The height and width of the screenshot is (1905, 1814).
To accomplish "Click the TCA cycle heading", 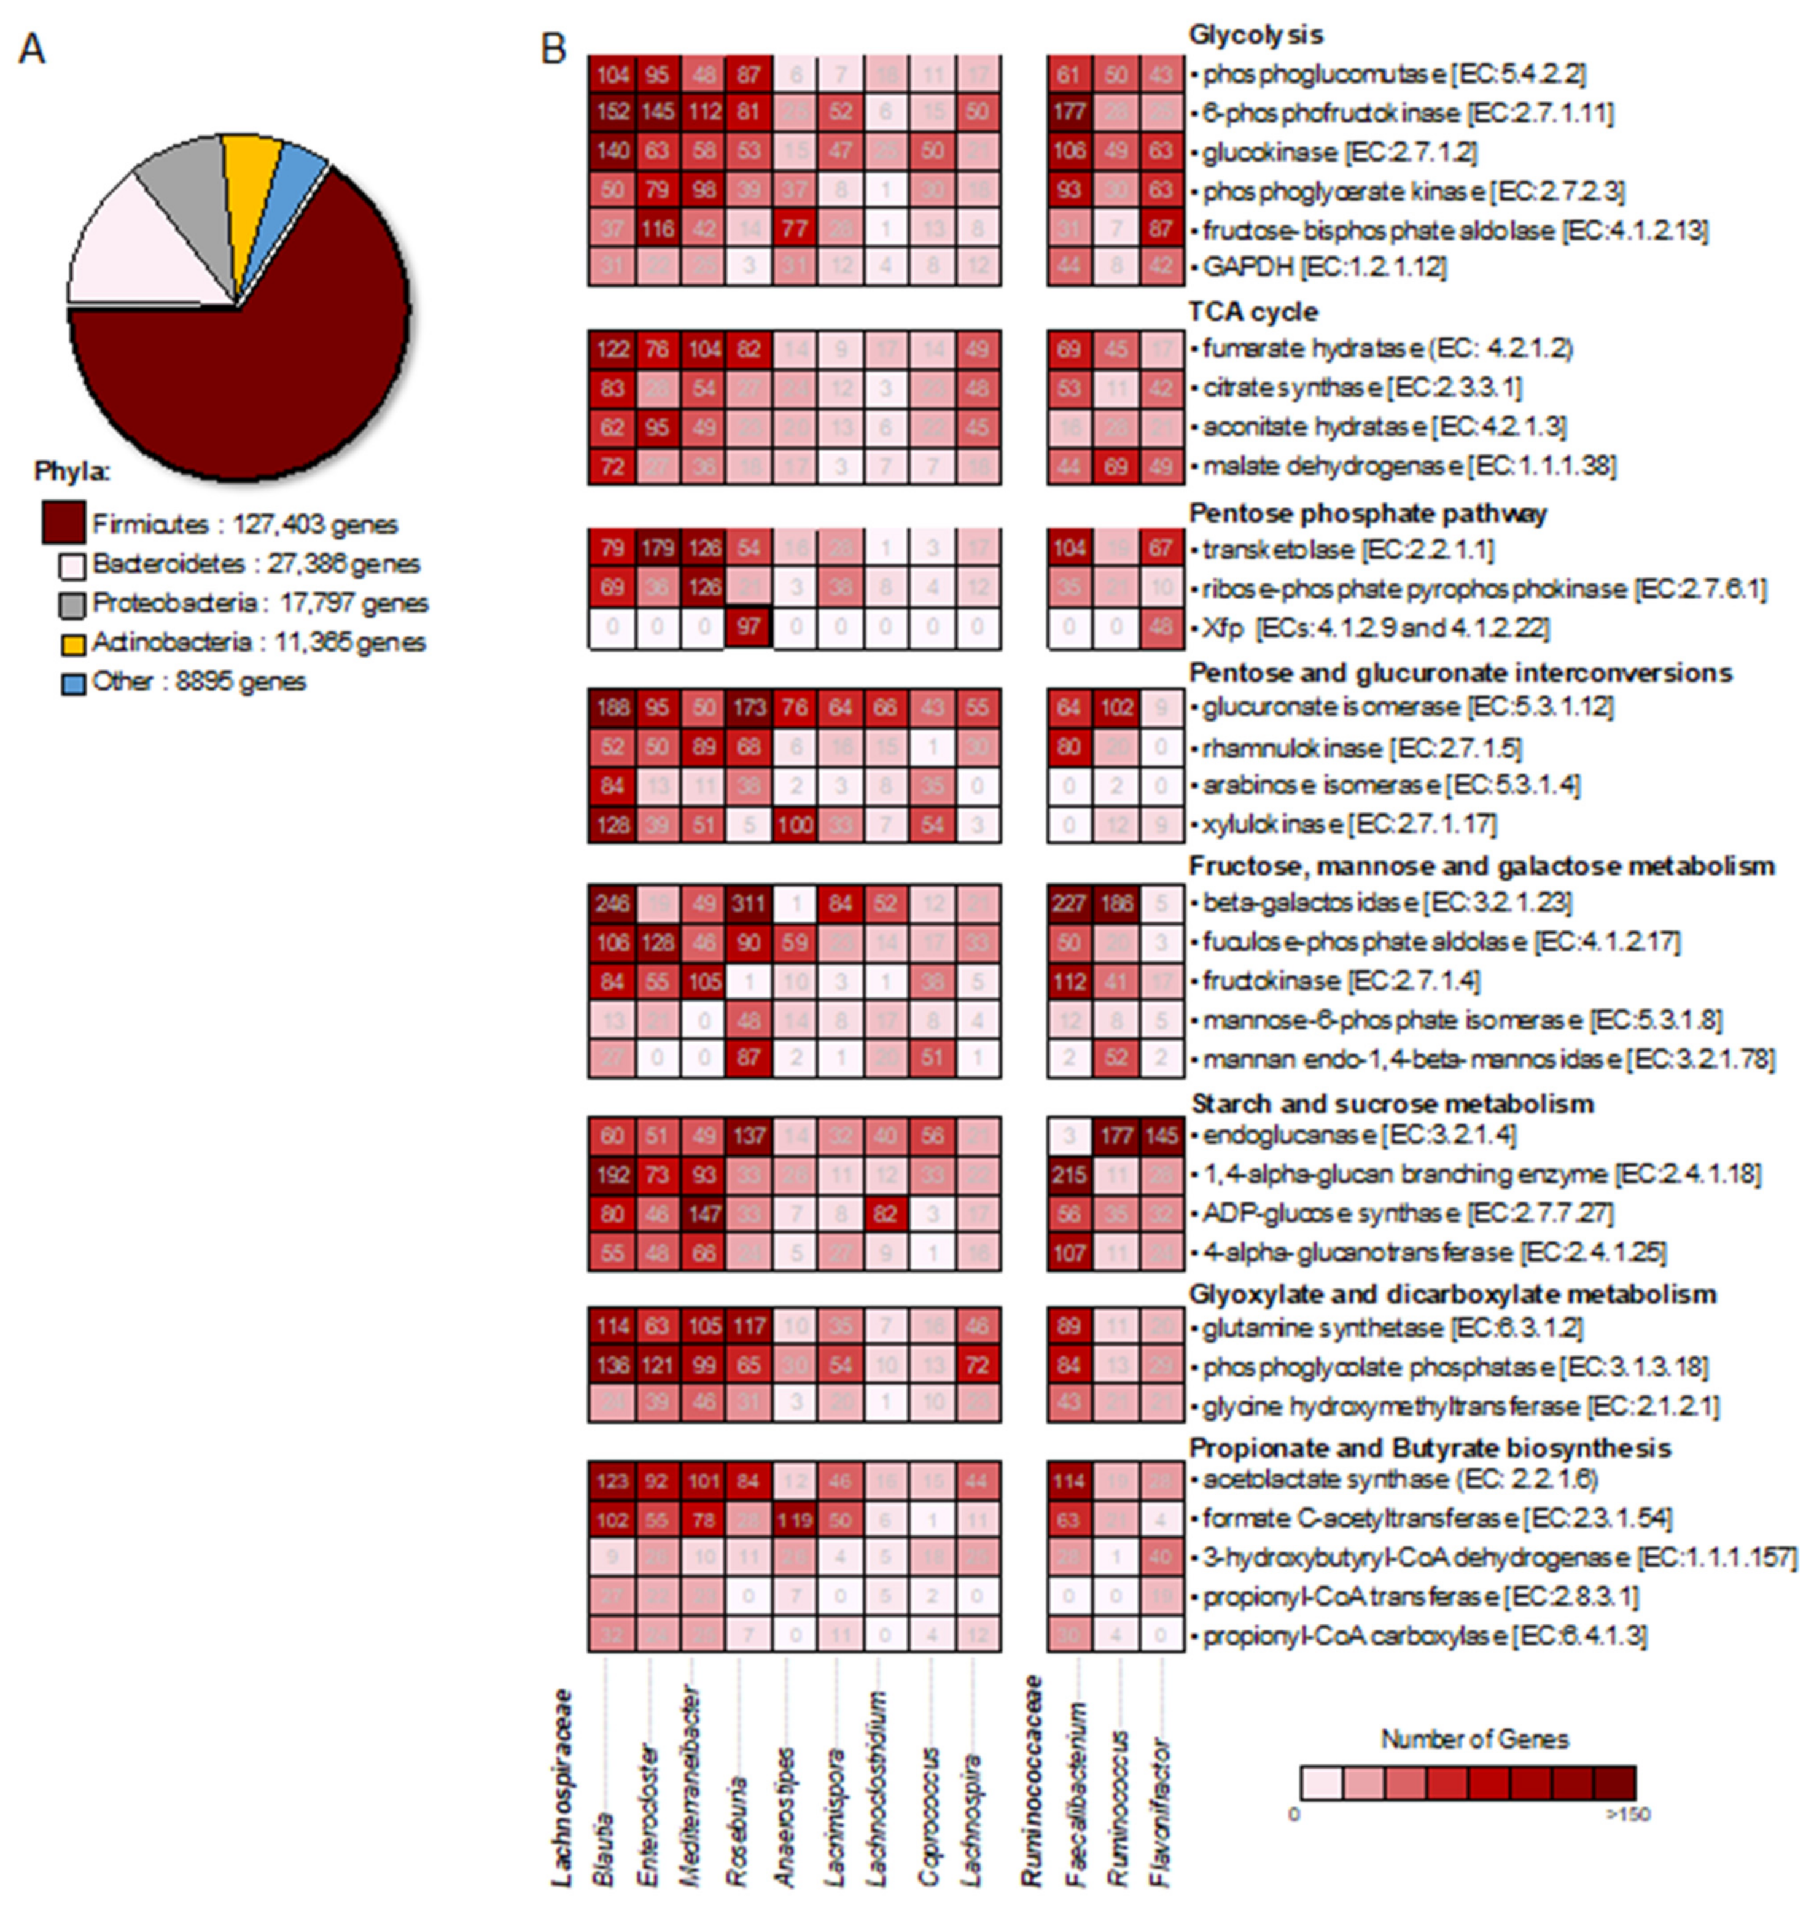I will pos(1253,311).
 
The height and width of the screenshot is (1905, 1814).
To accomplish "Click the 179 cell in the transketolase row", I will pos(658,548).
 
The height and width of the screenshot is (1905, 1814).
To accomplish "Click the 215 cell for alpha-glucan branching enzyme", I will pos(1069,1175).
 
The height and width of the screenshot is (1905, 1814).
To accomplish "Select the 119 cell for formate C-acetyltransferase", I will pos(794,1519).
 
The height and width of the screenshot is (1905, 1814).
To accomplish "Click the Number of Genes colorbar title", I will pos(1474,1739).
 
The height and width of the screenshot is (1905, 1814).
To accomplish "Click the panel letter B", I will pos(553,49).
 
